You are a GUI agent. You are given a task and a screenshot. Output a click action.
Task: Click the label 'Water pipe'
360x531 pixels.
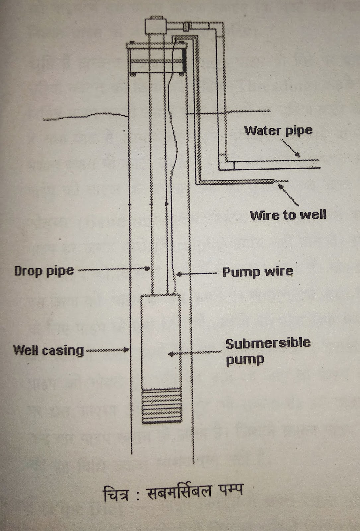tap(278, 130)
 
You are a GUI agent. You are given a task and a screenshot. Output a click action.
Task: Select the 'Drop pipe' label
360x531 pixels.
tap(44, 271)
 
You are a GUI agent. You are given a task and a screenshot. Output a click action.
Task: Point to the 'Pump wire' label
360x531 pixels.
tap(258, 272)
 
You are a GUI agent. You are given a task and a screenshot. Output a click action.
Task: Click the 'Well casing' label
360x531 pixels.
tap(48, 350)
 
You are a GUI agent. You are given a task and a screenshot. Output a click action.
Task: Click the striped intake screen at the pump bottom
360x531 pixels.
tap(162, 406)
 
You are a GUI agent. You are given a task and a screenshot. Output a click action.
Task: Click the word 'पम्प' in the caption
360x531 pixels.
tap(230, 490)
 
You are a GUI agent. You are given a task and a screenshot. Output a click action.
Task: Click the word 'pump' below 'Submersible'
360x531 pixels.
tap(245, 360)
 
